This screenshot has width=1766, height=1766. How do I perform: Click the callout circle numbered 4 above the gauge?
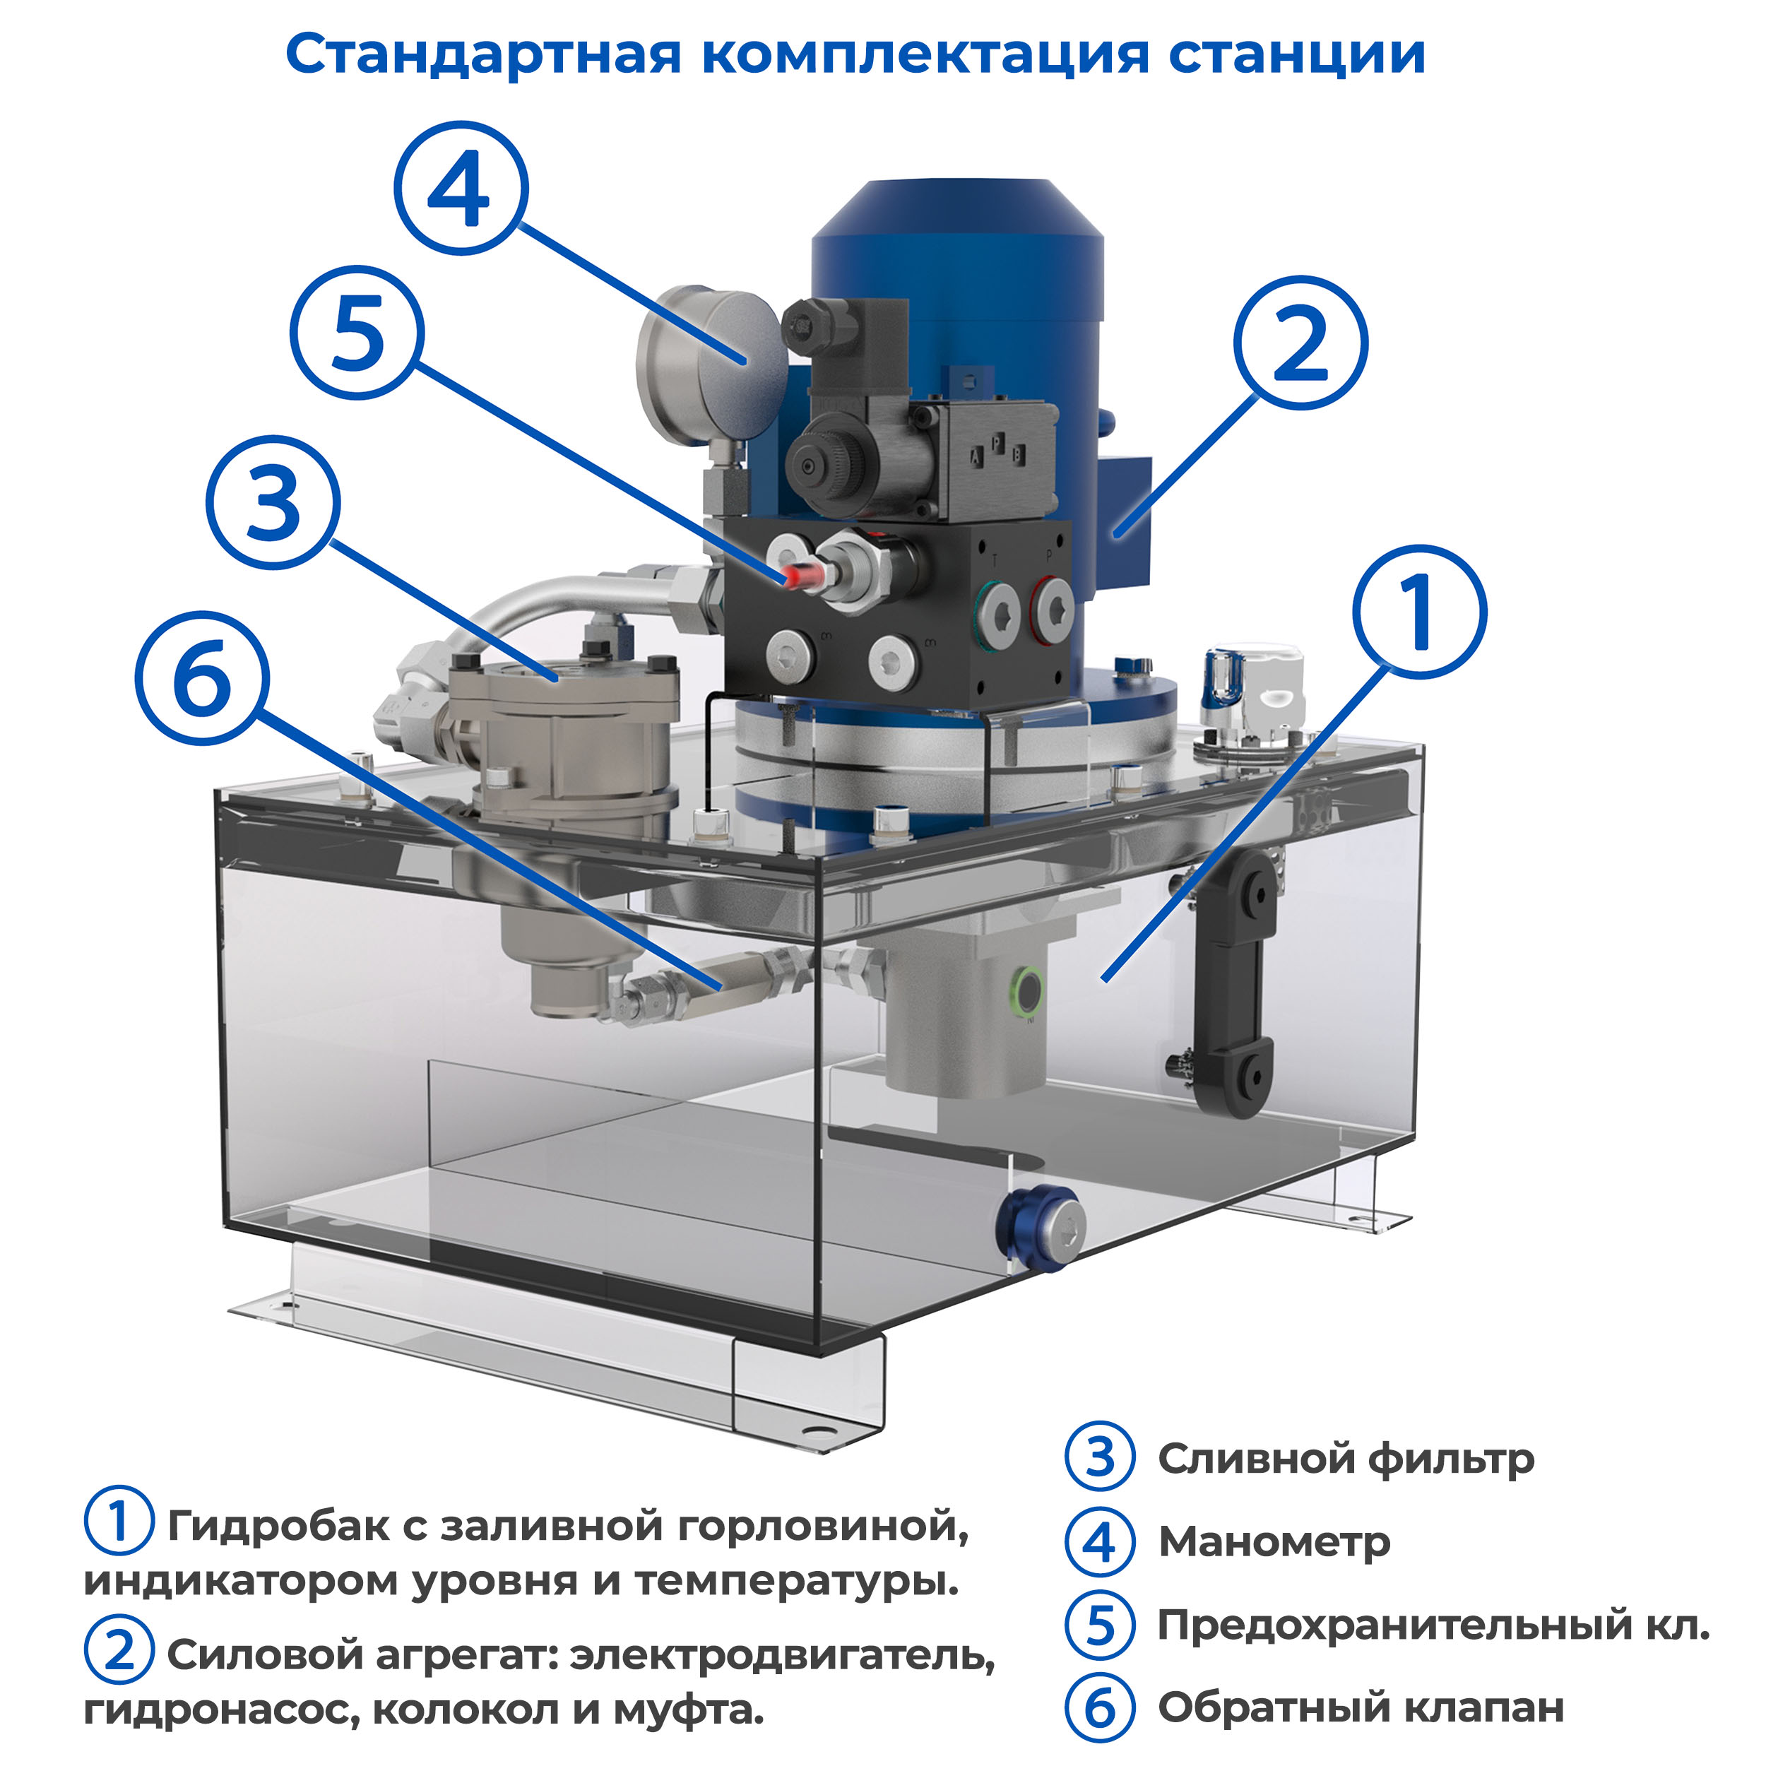461,189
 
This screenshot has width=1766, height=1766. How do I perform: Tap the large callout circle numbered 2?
1300,343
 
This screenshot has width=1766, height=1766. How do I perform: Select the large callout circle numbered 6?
203,677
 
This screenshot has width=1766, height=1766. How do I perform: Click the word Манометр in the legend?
1274,1543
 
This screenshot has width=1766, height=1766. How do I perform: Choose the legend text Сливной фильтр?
1346,1460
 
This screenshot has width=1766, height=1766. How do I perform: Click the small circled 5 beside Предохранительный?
1100,1625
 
